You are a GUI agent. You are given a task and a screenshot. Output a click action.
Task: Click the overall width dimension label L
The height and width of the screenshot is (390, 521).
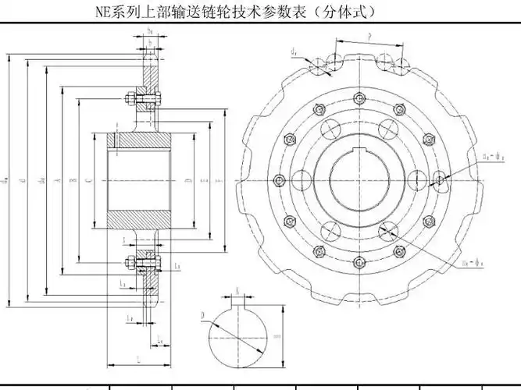point(137,358)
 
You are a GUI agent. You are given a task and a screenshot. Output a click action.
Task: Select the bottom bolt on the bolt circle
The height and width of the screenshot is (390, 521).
point(358,262)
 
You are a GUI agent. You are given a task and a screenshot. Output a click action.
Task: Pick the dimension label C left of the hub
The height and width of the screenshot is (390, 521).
point(88,179)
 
